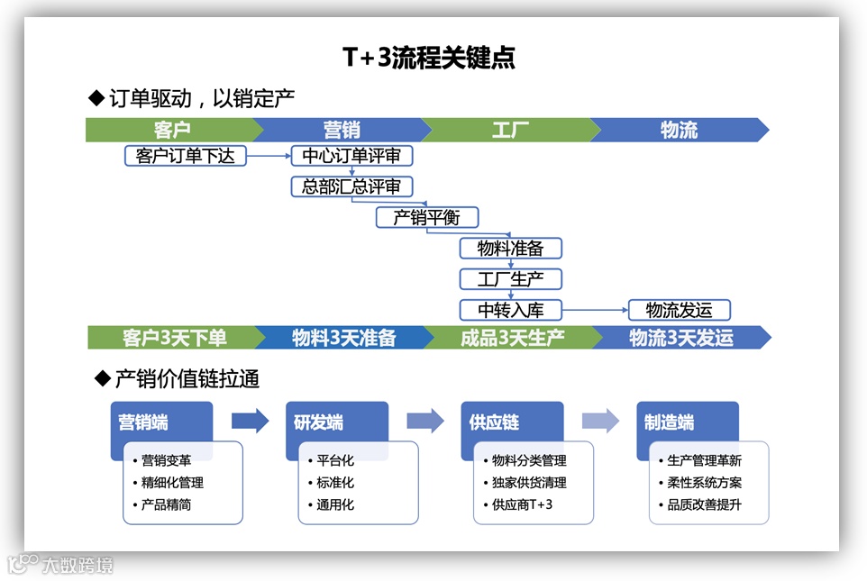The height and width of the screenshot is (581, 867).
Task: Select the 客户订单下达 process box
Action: [185, 156]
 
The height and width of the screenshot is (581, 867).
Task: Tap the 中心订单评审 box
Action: [351, 156]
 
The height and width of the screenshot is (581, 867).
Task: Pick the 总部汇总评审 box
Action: [351, 186]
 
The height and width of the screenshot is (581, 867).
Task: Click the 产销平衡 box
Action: [427, 217]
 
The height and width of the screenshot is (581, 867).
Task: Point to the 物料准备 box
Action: [510, 248]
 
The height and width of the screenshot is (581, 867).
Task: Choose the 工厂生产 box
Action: [510, 278]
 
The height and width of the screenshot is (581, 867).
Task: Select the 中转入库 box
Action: [510, 310]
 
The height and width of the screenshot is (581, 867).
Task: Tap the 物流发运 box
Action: [679, 310]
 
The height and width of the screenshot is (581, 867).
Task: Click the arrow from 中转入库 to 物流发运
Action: [595, 310]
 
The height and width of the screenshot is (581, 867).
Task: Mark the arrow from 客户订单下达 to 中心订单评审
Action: [269, 156]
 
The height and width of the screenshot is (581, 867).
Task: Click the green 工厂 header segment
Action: [509, 130]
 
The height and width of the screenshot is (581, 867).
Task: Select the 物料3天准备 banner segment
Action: [343, 338]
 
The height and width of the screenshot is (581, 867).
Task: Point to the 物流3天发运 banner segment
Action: [680, 338]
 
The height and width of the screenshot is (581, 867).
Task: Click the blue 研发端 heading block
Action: [335, 422]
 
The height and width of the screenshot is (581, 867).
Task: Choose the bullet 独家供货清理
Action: [531, 483]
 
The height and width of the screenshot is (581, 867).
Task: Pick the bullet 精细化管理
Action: [173, 483]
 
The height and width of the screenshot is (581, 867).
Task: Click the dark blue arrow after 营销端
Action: [250, 421]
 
